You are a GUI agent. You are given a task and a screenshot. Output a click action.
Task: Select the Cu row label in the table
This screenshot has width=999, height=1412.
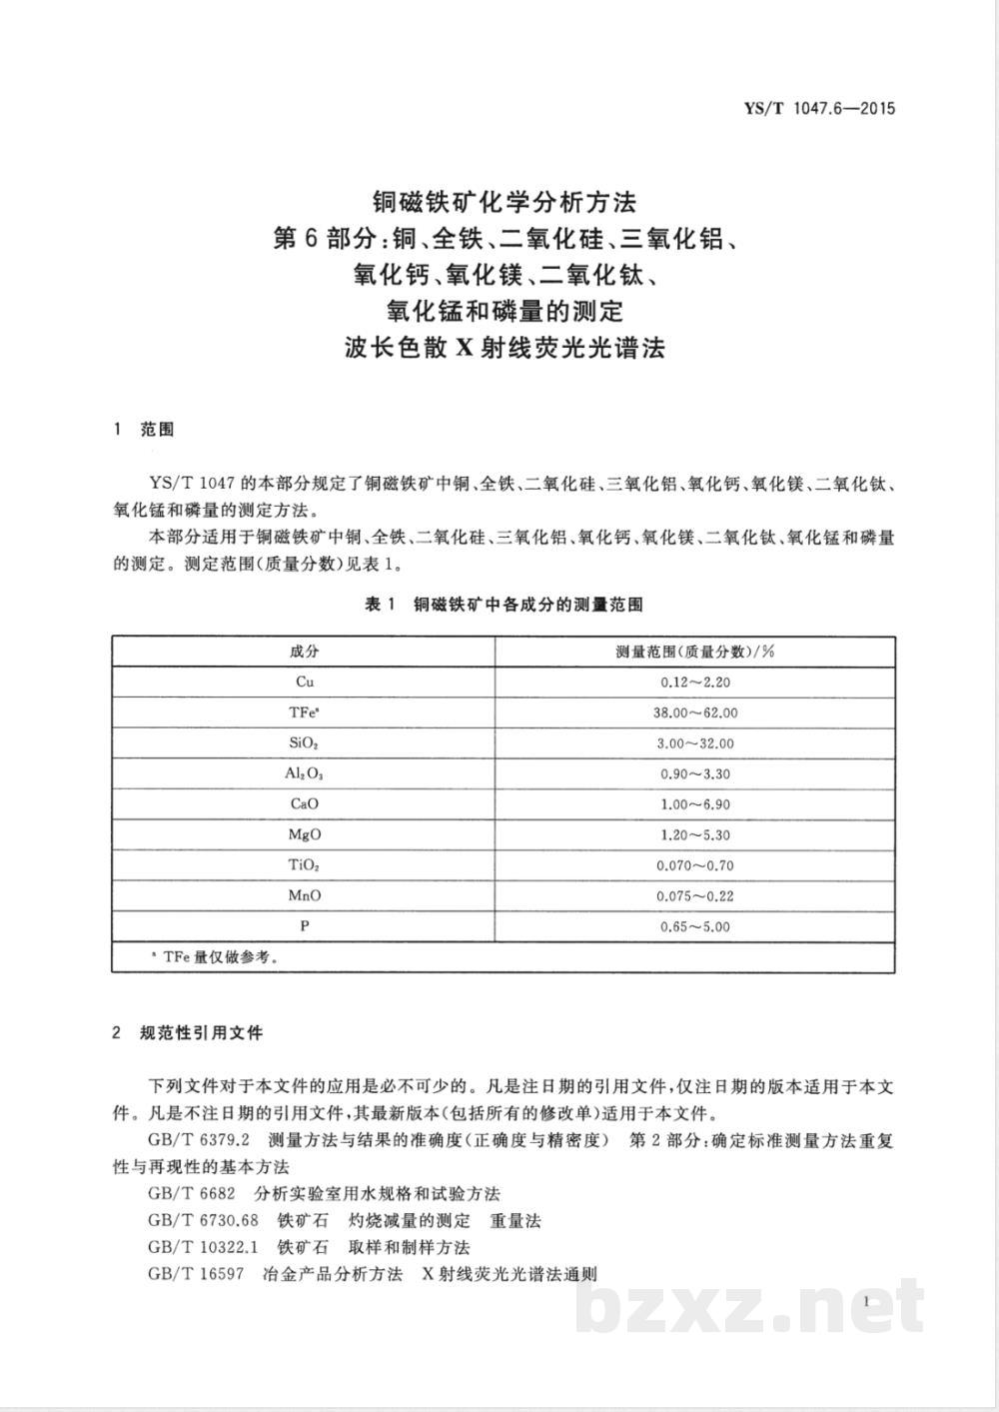(x=305, y=682)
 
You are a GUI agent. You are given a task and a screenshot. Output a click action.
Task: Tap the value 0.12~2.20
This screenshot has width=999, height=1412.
(x=695, y=682)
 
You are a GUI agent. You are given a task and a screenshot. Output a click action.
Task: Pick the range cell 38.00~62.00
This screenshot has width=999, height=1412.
(x=695, y=712)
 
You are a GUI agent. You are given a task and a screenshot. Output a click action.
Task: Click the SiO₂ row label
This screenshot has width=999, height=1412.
(x=305, y=743)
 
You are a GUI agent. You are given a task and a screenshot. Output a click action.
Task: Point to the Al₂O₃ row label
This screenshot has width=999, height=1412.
(x=305, y=773)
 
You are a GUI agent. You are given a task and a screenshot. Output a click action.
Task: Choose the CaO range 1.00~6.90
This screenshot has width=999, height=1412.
(x=695, y=803)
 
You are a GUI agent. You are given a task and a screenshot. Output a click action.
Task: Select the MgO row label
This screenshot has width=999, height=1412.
(x=305, y=834)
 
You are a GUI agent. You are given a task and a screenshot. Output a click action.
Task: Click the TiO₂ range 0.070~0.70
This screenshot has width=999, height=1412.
(x=695, y=865)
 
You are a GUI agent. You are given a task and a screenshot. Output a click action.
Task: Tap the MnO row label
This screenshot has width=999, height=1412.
(x=305, y=895)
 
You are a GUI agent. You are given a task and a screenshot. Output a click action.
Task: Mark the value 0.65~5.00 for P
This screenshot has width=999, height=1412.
(x=695, y=926)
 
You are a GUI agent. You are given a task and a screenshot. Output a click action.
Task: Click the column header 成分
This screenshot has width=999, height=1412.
(x=305, y=652)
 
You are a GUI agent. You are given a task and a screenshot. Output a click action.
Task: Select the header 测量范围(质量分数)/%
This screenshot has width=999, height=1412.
(x=695, y=652)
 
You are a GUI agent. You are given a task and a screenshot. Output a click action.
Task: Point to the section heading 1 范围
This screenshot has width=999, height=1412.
(x=145, y=430)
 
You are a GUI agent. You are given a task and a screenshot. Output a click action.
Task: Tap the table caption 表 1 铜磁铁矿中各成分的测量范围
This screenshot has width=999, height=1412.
(x=503, y=605)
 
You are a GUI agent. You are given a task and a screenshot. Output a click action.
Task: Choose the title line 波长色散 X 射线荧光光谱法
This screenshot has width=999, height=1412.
(x=503, y=349)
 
